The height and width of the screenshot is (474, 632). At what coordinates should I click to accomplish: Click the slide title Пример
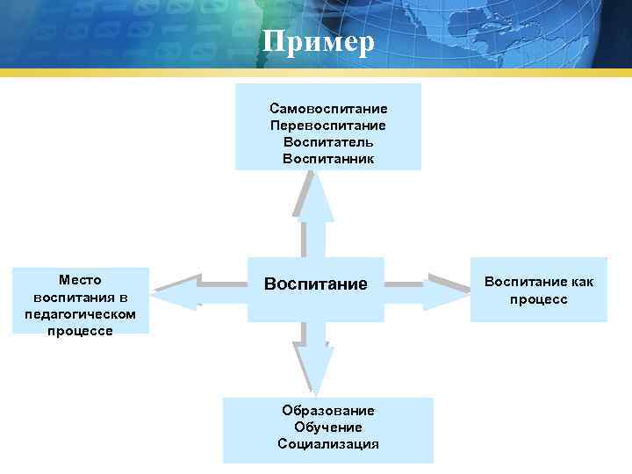pyautogui.click(x=318, y=41)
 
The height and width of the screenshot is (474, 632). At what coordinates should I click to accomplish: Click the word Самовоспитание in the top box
pyautogui.click(x=328, y=109)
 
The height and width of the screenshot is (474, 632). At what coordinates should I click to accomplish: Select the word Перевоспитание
pyautogui.click(x=328, y=126)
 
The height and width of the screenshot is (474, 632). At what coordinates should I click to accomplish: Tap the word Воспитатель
pyautogui.click(x=328, y=142)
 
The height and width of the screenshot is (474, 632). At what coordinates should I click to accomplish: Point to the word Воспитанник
pyautogui.click(x=328, y=159)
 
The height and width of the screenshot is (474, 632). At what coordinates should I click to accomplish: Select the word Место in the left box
pyautogui.click(x=80, y=280)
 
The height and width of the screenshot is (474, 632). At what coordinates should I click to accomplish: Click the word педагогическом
pyautogui.click(x=80, y=313)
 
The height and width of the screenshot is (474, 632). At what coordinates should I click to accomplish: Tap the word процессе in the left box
pyautogui.click(x=80, y=331)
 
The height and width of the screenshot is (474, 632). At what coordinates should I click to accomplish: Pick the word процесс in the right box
pyautogui.click(x=538, y=299)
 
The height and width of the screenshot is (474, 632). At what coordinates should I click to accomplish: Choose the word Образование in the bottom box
pyautogui.click(x=328, y=411)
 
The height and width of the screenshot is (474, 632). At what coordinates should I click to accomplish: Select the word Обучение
pyautogui.click(x=328, y=427)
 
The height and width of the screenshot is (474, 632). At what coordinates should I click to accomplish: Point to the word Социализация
pyautogui.click(x=328, y=444)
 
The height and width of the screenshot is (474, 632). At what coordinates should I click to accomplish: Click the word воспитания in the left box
pyautogui.click(x=80, y=297)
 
